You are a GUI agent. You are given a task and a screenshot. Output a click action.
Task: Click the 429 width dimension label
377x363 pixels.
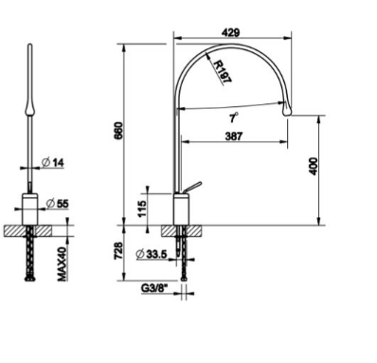[x=231, y=32]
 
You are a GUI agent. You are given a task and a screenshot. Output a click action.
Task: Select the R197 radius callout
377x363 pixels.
[x=223, y=72]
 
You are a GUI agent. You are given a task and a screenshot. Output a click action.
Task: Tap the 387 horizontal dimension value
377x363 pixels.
[x=234, y=136]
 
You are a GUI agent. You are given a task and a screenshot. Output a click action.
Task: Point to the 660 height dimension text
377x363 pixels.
[x=118, y=131]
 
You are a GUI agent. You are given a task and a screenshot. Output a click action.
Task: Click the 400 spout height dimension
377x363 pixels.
[x=314, y=166]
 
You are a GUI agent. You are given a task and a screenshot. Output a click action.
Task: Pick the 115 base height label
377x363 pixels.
[x=142, y=209]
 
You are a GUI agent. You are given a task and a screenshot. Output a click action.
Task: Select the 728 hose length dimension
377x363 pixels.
[x=117, y=251]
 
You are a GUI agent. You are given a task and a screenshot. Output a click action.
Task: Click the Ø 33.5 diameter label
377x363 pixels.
[x=152, y=254]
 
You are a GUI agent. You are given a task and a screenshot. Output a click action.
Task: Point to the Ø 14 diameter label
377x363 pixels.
[x=53, y=163]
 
